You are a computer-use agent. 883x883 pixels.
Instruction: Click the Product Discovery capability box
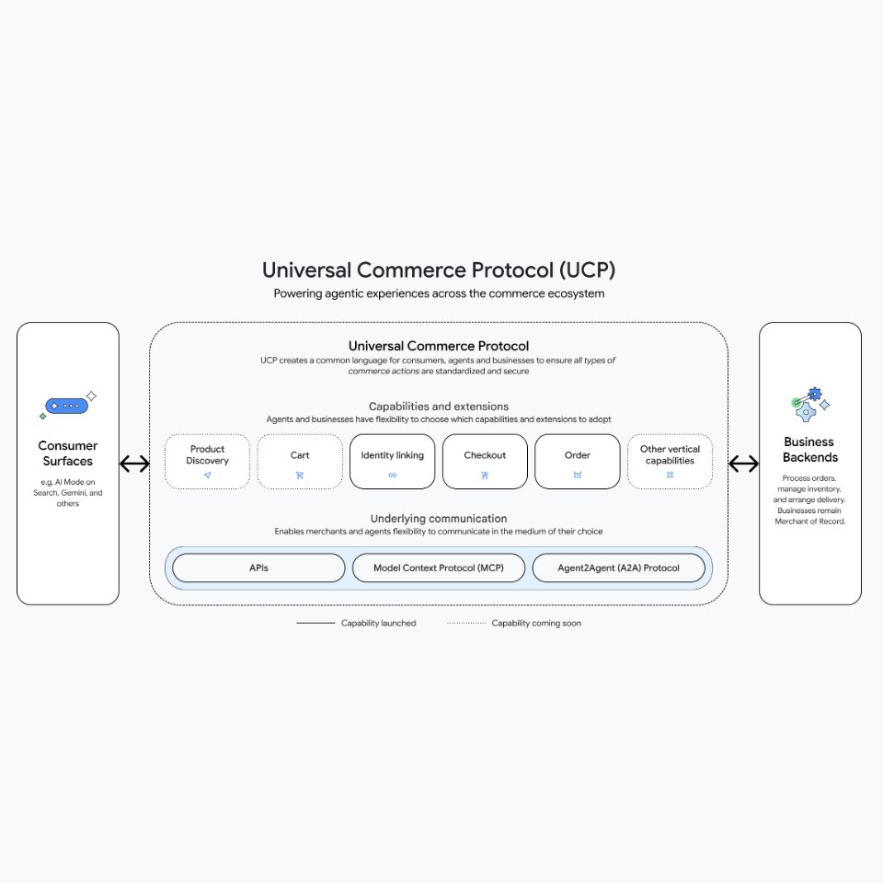pos(207,461)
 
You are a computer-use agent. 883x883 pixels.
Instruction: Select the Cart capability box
pos(300,461)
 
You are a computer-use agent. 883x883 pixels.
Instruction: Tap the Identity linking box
pos(393,461)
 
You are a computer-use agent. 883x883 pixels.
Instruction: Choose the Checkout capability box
pos(485,461)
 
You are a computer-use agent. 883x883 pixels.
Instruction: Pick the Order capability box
pos(577,461)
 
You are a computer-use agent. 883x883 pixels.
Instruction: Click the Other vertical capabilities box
pos(670,461)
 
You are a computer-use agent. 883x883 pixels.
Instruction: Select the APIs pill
pos(258,568)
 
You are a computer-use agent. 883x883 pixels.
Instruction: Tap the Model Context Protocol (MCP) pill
pos(439,568)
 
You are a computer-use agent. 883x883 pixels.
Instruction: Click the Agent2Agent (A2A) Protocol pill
pos(618,568)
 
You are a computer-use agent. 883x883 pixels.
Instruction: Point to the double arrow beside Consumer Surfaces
pos(134,464)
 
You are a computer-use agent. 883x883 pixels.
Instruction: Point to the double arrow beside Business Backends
pos(743,464)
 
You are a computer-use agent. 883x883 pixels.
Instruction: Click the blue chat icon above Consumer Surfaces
pos(68,405)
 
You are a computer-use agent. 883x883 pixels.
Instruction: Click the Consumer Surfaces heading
pos(67,453)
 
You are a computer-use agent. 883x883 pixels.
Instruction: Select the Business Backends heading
pos(809,450)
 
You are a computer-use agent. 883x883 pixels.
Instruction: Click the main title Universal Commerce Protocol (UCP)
pos(439,270)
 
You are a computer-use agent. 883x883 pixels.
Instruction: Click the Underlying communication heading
pos(439,519)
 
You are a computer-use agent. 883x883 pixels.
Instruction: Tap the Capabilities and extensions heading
pos(439,407)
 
